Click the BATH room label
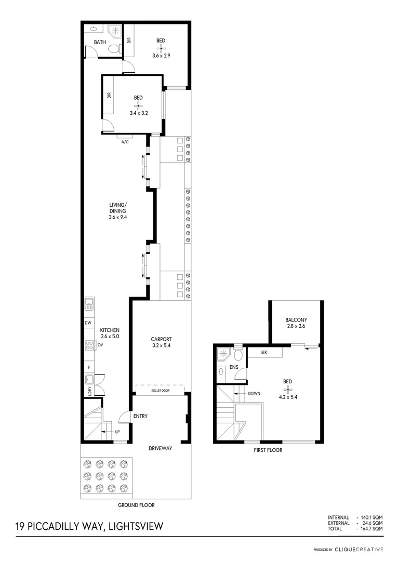tap(100, 42)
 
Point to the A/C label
tap(125, 141)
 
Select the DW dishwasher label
tap(88, 323)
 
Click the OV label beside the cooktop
tap(100, 344)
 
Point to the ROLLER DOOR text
tap(161, 389)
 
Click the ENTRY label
tap(140, 416)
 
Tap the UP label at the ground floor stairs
tap(117, 432)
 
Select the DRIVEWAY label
tap(161, 448)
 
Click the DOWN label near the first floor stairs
tap(254, 393)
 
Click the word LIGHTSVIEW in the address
tap(136, 526)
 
